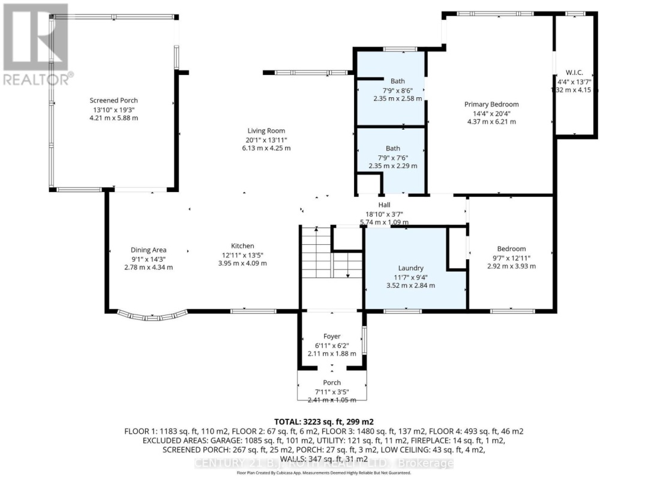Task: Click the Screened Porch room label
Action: [x=113, y=100]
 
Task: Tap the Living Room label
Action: [x=266, y=131]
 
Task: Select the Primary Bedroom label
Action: [x=491, y=104]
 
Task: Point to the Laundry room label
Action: [x=411, y=268]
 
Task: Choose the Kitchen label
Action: [x=243, y=246]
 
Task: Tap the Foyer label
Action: [x=332, y=337]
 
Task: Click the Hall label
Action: [x=384, y=205]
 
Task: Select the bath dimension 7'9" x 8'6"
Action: [x=397, y=90]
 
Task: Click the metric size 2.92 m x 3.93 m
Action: [x=511, y=266]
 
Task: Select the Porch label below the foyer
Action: [x=332, y=383]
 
